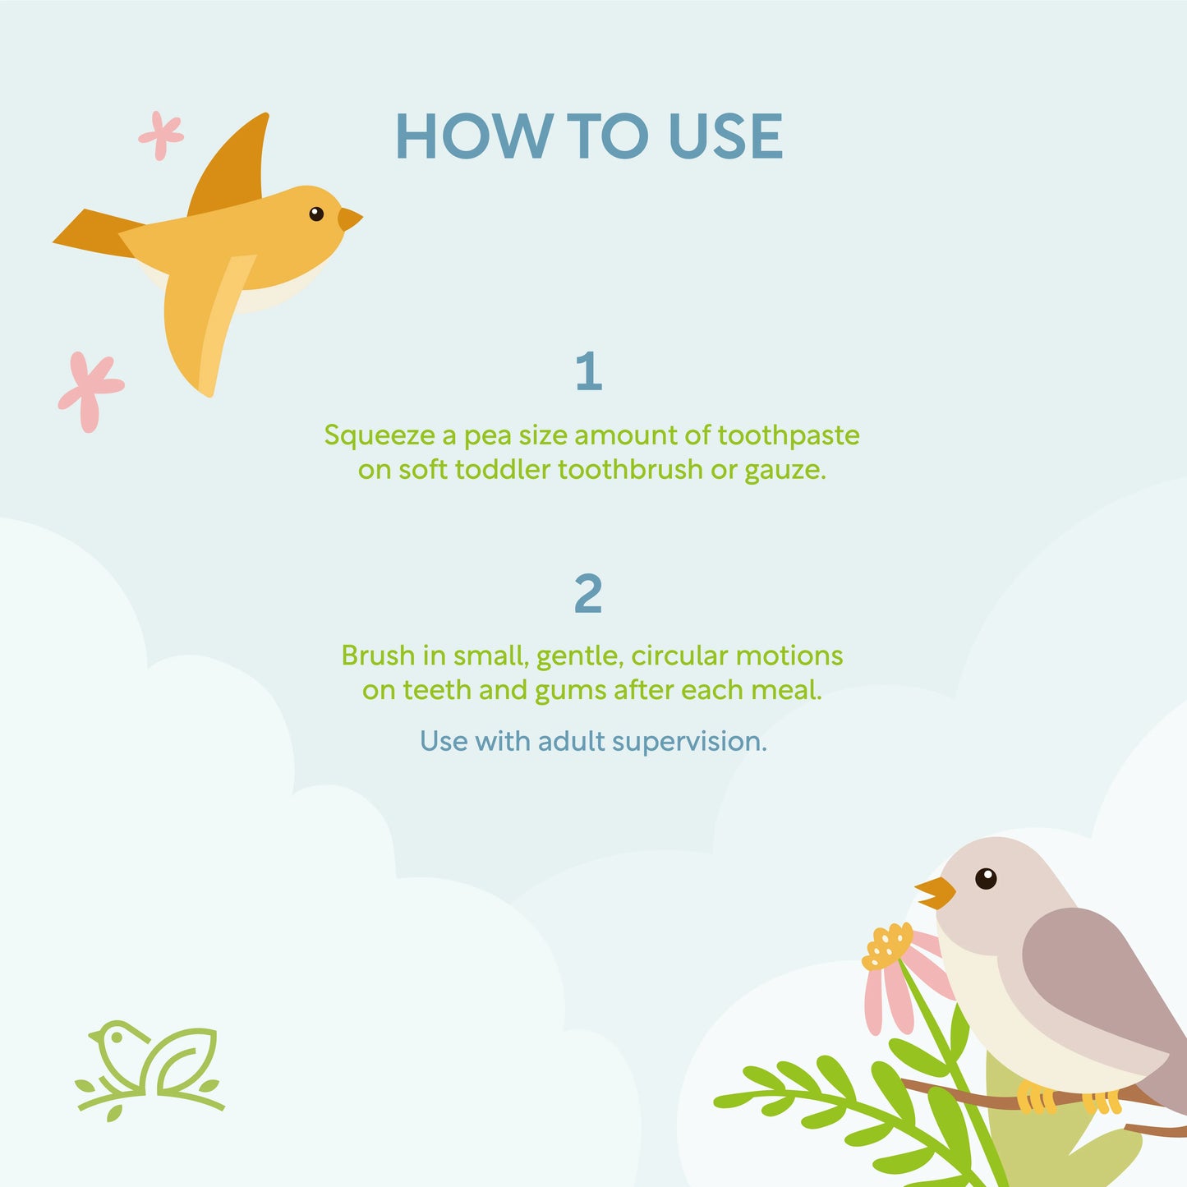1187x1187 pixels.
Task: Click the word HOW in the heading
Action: [474, 136]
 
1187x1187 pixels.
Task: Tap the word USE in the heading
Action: [725, 136]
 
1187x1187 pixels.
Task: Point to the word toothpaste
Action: [789, 436]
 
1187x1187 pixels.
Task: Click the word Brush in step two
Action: [378, 656]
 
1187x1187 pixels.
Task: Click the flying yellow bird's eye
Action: [316, 214]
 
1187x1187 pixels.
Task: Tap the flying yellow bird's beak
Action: [349, 219]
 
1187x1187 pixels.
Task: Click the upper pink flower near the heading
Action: [161, 136]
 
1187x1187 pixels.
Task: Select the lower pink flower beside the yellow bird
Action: [90, 391]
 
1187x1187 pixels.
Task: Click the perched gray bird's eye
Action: [986, 878]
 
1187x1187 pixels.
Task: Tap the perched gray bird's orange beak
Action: [936, 893]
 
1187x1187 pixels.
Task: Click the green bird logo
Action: [150, 1070]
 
